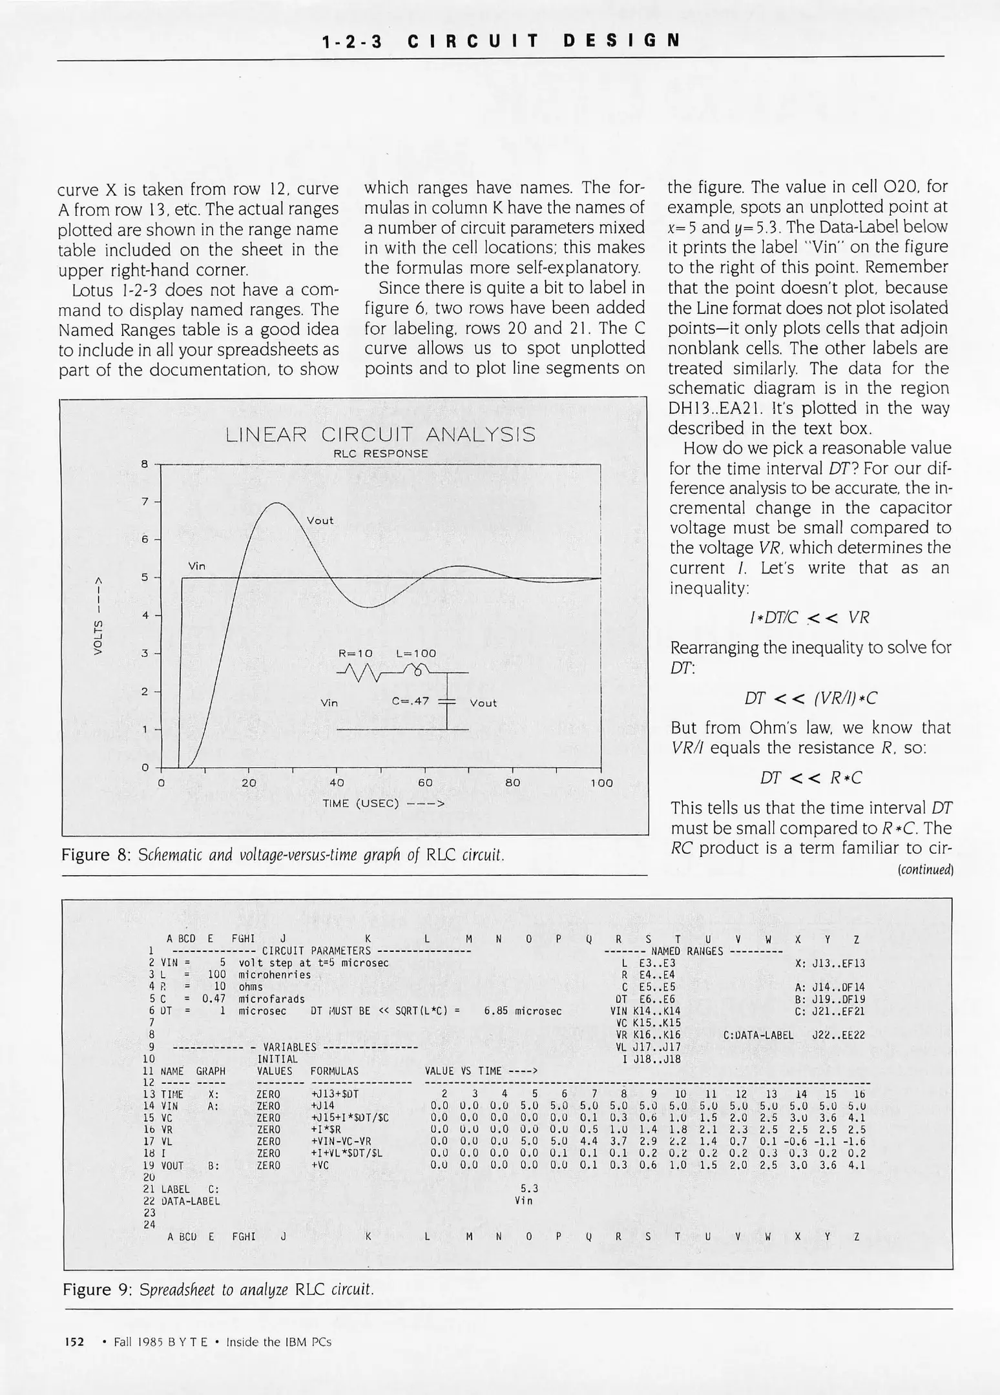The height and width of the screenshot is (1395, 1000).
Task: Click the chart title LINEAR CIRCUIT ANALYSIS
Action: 380,435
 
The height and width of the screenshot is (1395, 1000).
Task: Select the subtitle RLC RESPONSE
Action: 380,454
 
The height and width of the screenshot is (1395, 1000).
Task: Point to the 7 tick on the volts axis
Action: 145,502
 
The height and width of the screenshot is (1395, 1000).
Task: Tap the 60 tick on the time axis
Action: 424,783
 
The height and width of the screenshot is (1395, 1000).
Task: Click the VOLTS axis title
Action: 99,614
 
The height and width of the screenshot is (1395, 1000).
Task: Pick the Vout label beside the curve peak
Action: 320,521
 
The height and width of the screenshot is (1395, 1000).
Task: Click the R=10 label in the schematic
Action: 355,654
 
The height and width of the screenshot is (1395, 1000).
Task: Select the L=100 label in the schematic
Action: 416,654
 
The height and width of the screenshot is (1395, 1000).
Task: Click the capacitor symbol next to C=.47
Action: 447,702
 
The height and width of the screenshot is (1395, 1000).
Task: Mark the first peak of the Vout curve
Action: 276,503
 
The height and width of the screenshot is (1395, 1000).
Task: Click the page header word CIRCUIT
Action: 473,41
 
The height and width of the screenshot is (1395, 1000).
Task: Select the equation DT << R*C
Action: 811,778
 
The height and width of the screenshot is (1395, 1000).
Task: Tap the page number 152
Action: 74,1342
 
